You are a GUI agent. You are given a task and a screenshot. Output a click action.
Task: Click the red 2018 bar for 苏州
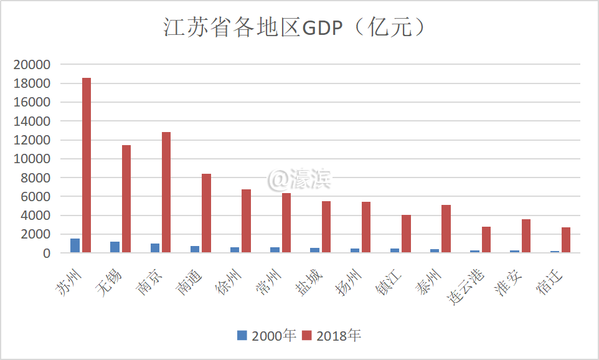click(87, 165)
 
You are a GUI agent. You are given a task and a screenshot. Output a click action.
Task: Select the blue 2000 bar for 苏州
click(75, 245)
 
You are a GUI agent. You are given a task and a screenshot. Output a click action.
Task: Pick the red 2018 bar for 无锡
click(126, 199)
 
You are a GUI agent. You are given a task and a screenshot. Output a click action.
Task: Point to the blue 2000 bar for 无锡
click(115, 247)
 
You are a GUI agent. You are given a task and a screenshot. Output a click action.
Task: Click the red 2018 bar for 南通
click(206, 213)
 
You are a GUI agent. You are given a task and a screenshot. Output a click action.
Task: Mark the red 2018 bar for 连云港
click(486, 239)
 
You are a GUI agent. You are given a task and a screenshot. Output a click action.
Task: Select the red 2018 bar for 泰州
click(446, 229)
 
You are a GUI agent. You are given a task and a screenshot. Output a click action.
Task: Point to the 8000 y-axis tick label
click(36, 178)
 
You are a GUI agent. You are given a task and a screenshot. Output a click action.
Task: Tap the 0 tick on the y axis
click(47, 253)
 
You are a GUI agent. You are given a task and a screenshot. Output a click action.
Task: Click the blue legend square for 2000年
click(242, 335)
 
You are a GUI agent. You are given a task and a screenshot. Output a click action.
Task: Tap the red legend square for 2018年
click(306, 335)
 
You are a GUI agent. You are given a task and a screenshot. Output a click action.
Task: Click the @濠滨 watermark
click(300, 179)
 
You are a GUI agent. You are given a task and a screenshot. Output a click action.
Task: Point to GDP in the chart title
click(322, 28)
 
